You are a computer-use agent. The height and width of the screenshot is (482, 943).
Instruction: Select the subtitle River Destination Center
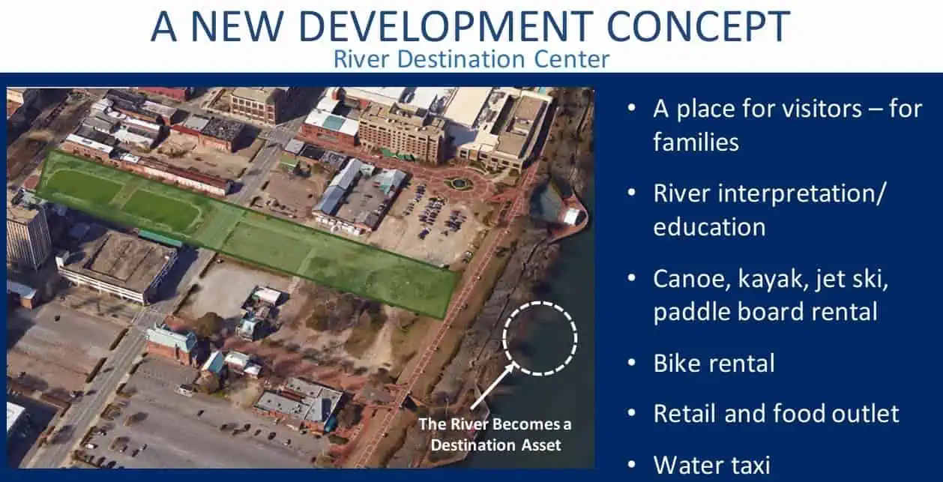pyautogui.click(x=471, y=58)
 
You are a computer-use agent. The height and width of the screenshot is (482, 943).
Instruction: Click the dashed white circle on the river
pyautogui.click(x=540, y=338)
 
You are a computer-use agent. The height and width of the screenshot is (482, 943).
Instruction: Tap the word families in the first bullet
pyautogui.click(x=696, y=142)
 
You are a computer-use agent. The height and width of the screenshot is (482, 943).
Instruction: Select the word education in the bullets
pyautogui.click(x=709, y=227)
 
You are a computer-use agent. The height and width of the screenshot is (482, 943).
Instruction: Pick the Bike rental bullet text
pyautogui.click(x=714, y=364)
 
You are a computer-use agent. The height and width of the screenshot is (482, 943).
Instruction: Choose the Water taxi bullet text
pyautogui.click(x=711, y=465)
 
